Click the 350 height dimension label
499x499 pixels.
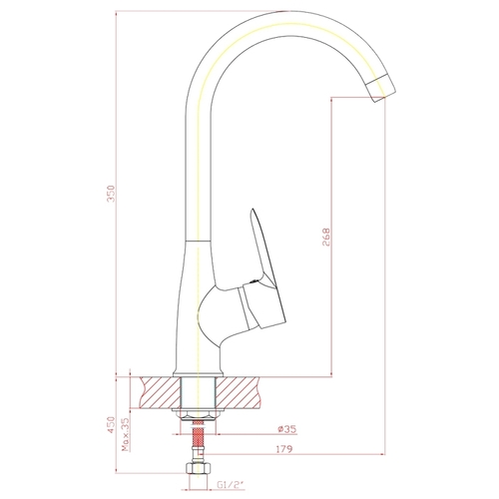(111, 194)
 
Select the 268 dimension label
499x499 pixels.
(326, 237)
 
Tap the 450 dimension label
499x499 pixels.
(111, 424)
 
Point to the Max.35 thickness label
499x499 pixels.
(126, 434)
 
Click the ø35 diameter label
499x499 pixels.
(287, 429)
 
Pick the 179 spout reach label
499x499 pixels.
(284, 449)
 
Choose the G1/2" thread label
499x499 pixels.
(231, 485)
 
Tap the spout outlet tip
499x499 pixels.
(381, 88)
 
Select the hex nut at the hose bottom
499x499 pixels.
(199, 468)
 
